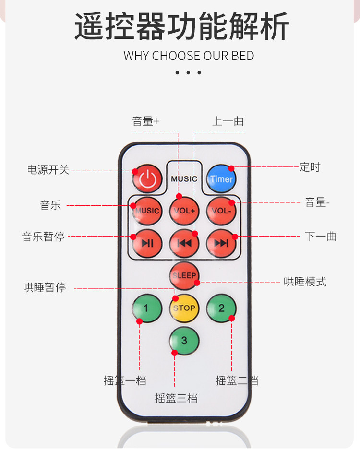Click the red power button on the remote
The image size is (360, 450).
[147, 178]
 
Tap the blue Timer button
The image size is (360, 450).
[221, 178]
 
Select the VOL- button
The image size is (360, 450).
[221, 211]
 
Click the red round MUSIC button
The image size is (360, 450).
[147, 211]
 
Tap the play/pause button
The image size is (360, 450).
[147, 243]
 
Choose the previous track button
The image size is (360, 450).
[184, 243]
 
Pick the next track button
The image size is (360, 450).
[221, 243]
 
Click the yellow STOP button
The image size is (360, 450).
[184, 308]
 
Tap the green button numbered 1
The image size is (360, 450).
[147, 308]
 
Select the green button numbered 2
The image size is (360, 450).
[221, 308]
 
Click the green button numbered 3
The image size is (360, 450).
[184, 341]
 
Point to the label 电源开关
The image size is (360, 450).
[48, 170]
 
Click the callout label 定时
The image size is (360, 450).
[310, 167]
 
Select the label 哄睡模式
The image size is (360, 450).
[305, 282]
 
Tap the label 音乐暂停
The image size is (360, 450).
[43, 237]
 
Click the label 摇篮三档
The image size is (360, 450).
[176, 398]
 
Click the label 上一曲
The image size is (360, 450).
[228, 121]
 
